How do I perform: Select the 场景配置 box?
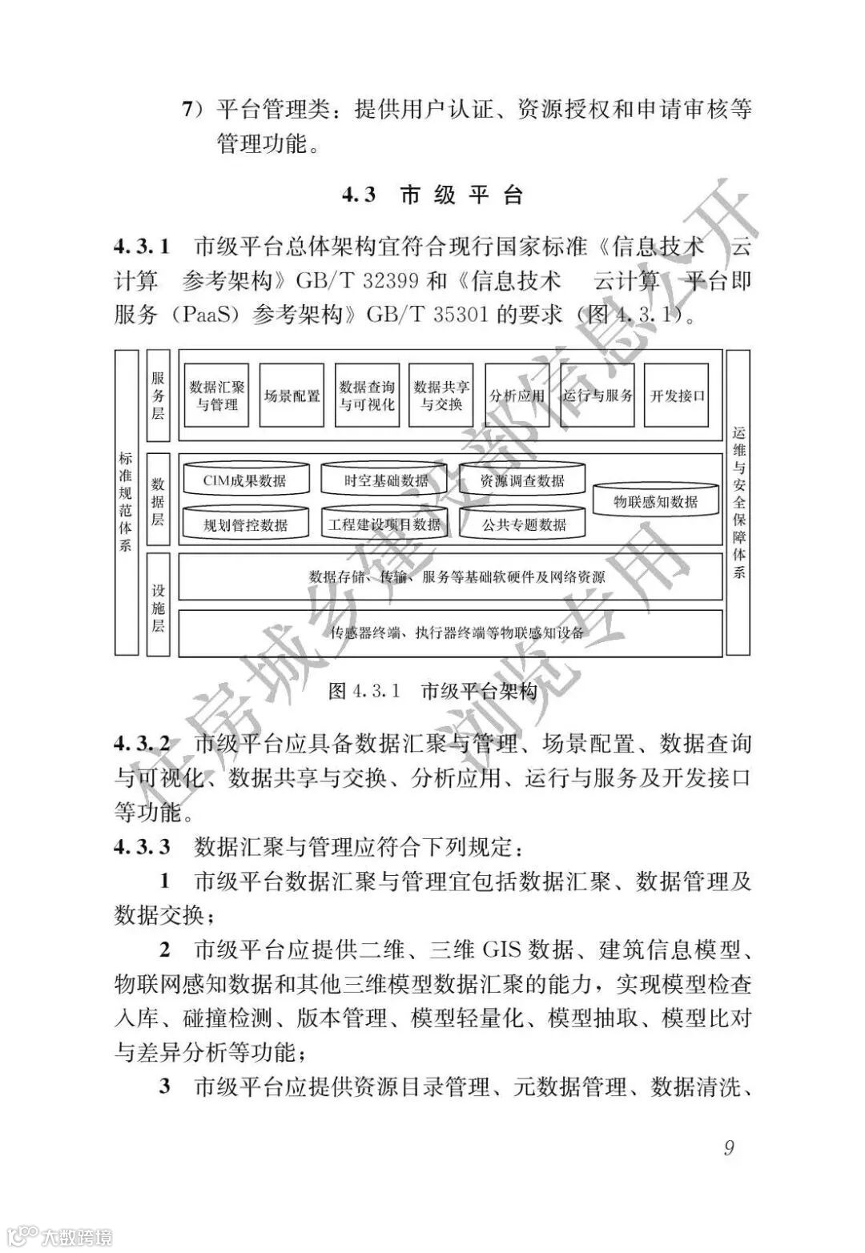tap(292, 396)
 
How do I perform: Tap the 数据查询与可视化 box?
tap(367, 396)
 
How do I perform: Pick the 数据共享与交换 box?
tap(441, 396)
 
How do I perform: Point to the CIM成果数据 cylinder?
tap(244, 480)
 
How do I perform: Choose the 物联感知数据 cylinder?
tap(655, 502)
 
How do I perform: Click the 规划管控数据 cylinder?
tap(244, 524)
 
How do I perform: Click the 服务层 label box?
tap(159, 396)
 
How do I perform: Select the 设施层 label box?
tap(159, 605)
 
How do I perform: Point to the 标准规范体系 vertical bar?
tap(126, 502)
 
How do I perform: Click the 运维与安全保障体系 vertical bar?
tap(738, 502)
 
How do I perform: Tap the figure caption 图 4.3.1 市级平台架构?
tap(432, 692)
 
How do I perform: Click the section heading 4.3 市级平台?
tap(432, 195)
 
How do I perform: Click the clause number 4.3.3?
tap(143, 847)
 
